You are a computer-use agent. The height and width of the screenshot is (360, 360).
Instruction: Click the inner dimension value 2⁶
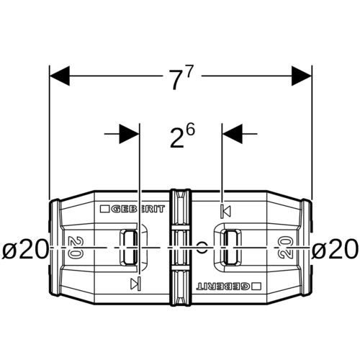tap(182, 137)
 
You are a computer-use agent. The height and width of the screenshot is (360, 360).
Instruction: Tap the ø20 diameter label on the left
tap(24, 249)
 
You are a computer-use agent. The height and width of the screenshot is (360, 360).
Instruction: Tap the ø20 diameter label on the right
tap(335, 249)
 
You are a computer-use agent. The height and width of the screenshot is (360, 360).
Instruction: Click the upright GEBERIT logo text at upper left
tap(138, 209)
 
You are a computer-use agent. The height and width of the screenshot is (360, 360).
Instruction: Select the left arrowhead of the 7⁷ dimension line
tap(60, 76)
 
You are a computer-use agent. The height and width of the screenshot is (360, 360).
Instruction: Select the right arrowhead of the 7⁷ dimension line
tap(302, 76)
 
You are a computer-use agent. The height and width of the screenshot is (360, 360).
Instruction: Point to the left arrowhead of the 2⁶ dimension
tap(129, 134)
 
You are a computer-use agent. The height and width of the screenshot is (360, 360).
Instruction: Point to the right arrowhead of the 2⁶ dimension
tap(233, 134)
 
